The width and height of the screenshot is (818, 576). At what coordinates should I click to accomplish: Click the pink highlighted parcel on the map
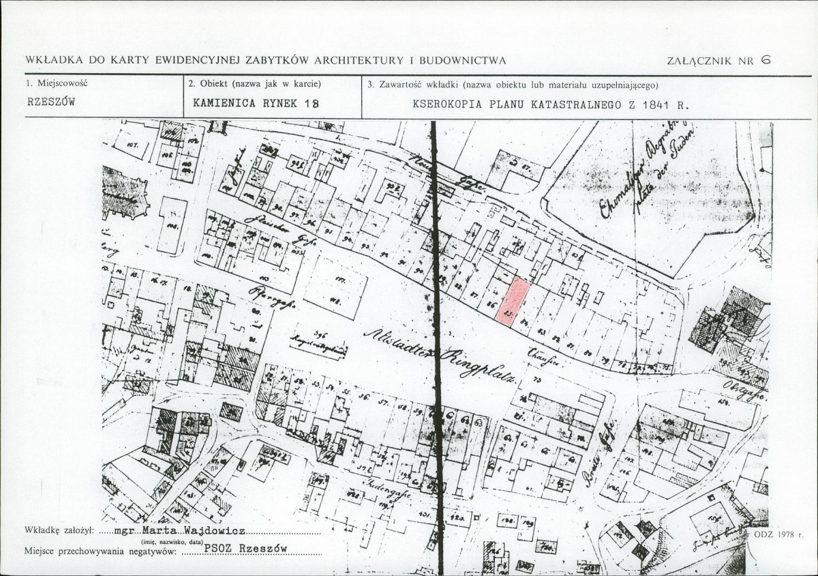click(x=516, y=300)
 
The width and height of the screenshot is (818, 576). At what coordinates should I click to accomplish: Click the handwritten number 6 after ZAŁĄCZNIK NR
click(x=766, y=59)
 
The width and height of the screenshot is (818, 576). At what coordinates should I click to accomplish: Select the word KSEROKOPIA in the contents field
click(x=445, y=105)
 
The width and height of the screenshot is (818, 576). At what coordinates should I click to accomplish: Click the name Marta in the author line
click(x=159, y=530)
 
